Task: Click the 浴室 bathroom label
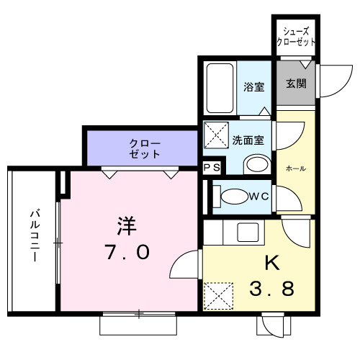253,87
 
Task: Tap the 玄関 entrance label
296,83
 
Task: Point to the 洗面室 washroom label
252,140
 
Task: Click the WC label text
259,196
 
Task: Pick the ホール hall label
296,168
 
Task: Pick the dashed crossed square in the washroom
215,135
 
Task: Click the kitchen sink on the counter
250,233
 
